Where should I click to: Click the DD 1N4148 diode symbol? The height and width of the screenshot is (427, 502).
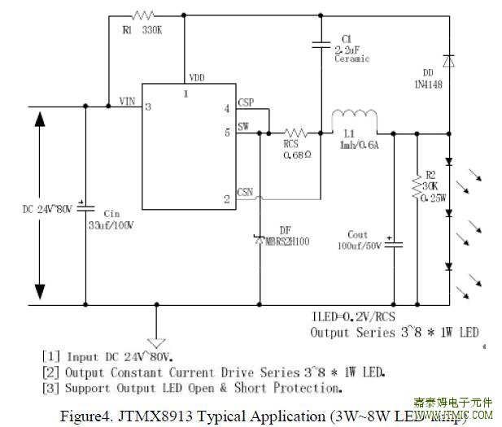point(448,60)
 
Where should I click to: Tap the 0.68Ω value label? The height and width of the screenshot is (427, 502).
point(296,154)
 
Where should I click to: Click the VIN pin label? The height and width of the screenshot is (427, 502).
point(127,101)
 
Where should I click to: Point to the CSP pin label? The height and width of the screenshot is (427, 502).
point(245,103)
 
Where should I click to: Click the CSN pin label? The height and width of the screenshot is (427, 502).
point(245,193)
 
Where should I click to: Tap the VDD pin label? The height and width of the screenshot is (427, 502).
point(197,77)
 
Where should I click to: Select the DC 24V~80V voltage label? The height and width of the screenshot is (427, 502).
point(47,208)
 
